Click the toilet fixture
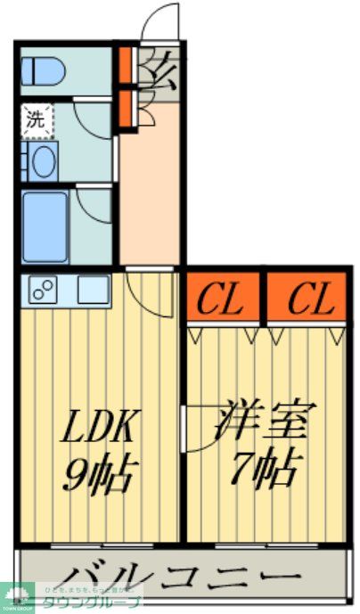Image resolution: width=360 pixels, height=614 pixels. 41,70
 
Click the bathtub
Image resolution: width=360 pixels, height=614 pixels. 45,226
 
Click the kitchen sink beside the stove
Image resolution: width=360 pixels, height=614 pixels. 92,289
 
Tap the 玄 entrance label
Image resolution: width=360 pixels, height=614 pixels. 160,69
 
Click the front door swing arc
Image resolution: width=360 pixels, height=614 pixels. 161,22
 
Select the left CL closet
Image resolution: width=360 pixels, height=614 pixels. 222,299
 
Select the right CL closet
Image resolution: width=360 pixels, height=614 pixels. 306,299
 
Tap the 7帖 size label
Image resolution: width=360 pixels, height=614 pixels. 264,466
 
